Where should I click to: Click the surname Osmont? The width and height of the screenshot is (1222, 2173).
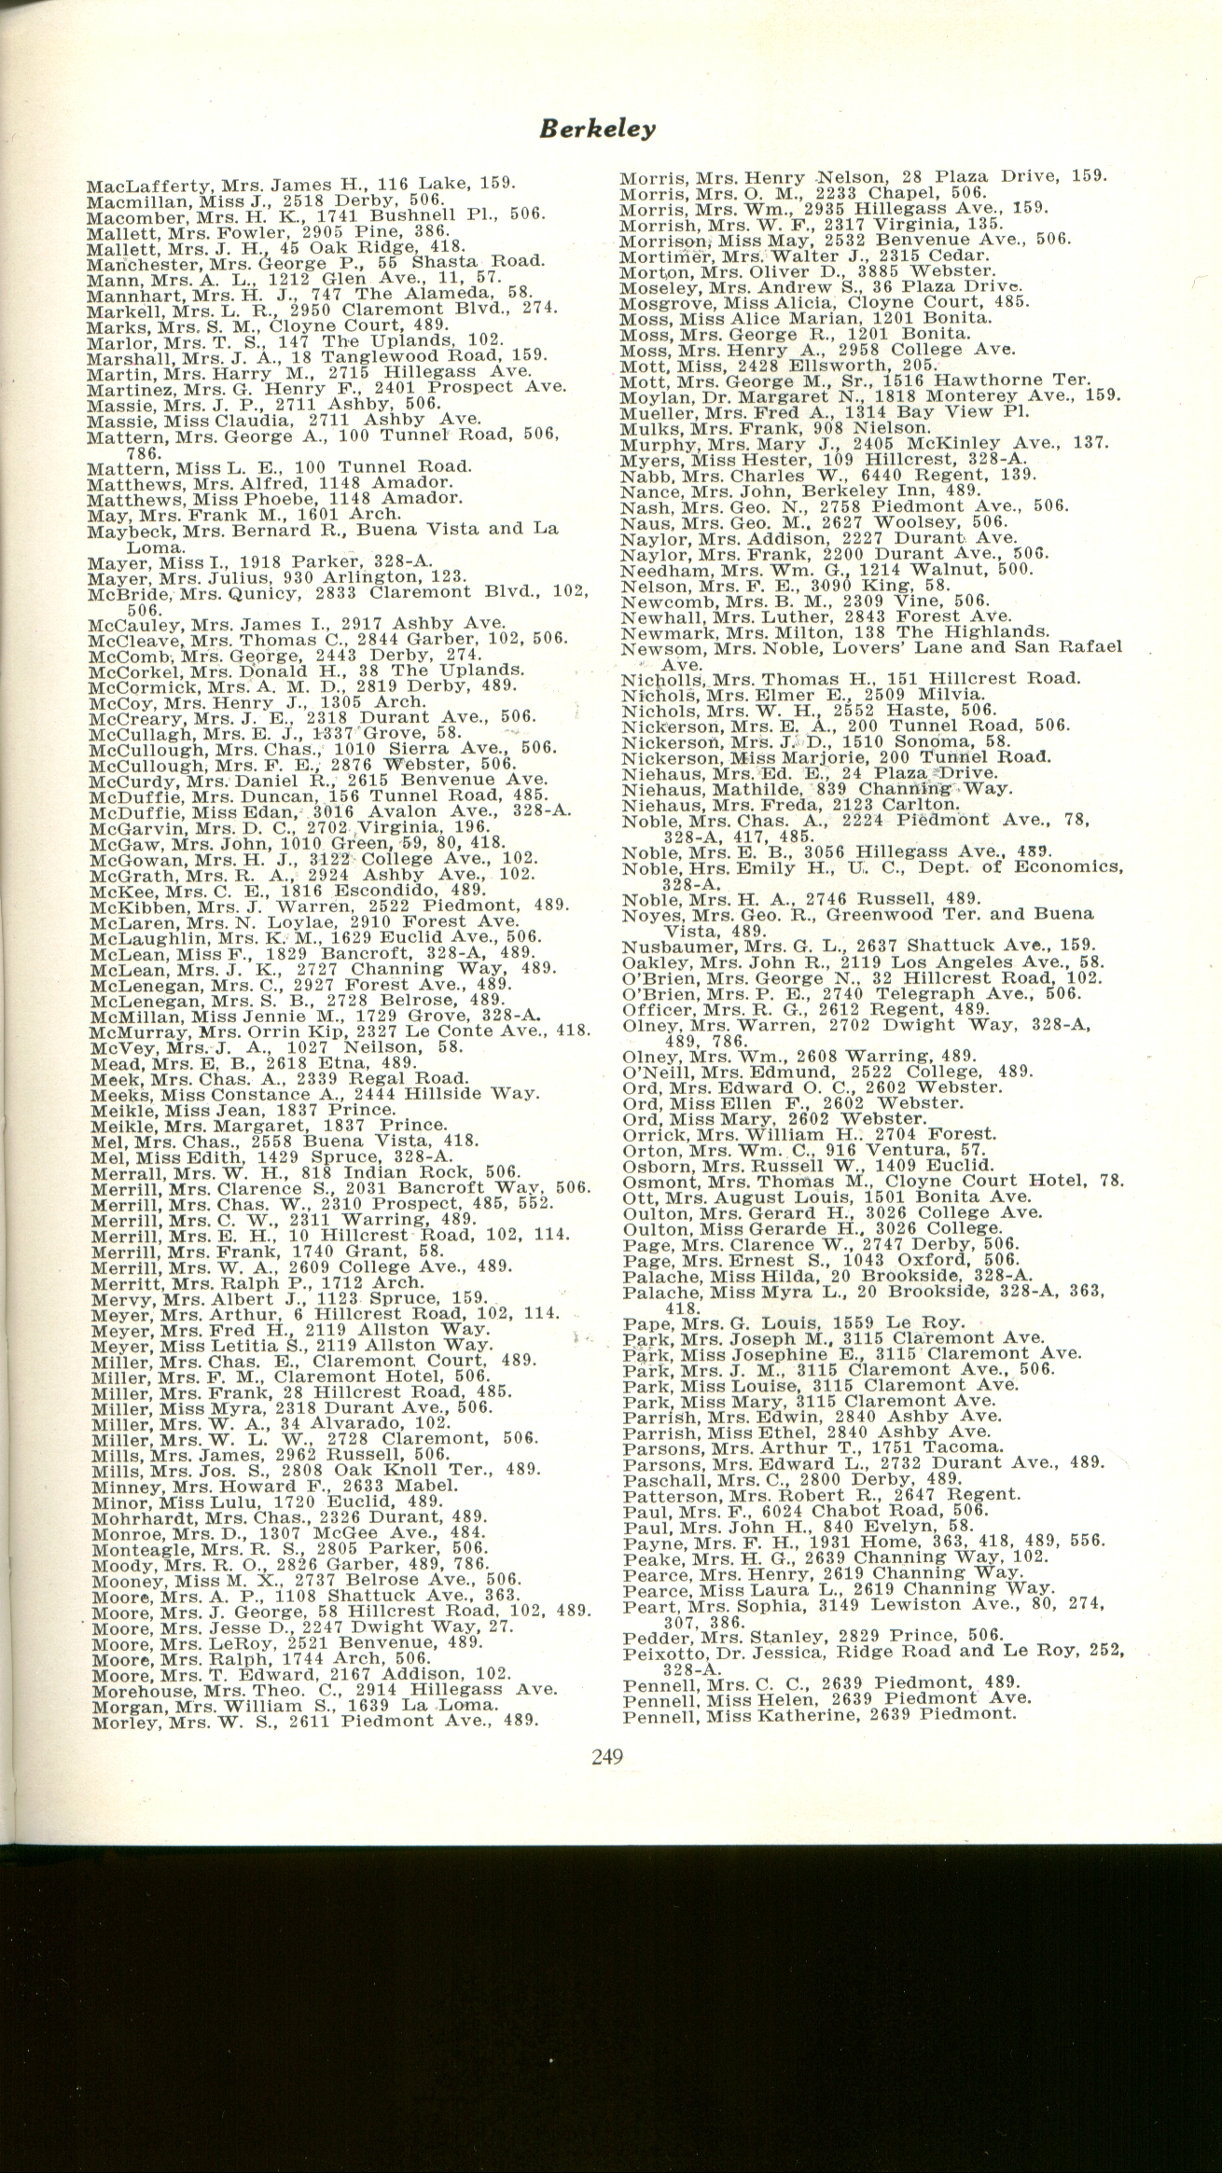click(651, 1182)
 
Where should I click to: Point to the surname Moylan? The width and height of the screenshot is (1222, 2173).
click(649, 394)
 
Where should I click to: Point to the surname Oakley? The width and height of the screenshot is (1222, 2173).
click(649, 962)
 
